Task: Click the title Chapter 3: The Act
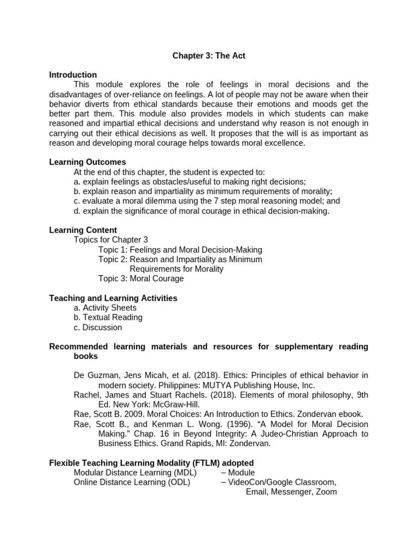tap(208, 56)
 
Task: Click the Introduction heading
tap(73, 75)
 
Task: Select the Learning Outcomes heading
tap(88, 162)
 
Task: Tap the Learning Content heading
tap(83, 230)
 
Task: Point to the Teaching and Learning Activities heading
tap(113, 298)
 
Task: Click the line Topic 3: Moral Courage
tap(141, 278)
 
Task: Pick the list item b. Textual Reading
tap(108, 318)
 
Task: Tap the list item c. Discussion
tap(98, 327)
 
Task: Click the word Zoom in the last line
tap(326, 492)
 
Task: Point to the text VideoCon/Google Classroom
tap(281, 482)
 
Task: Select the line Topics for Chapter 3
tap(110, 240)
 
